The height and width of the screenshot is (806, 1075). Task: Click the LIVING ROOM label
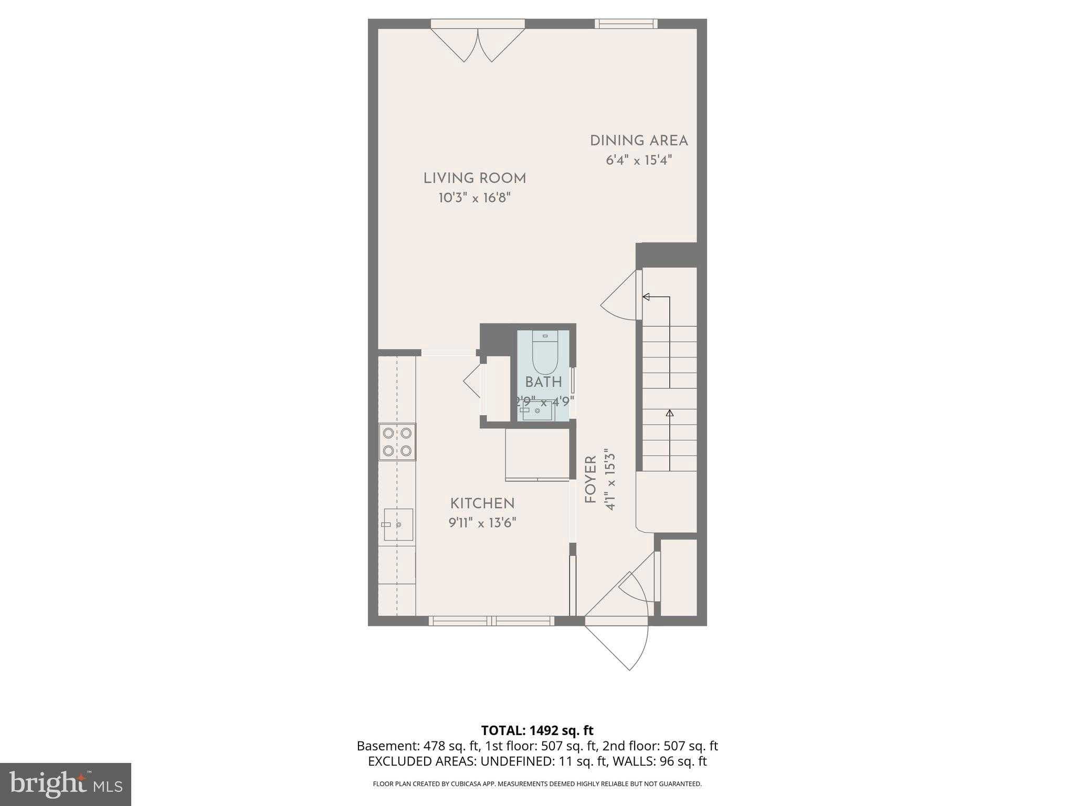[475, 178]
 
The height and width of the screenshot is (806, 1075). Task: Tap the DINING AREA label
[639, 141]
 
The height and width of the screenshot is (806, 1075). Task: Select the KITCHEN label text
[482, 503]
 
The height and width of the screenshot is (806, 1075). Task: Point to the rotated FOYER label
[591, 480]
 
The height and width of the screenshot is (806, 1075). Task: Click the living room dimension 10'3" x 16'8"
[475, 198]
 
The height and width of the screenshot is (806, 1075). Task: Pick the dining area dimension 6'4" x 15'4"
[639, 160]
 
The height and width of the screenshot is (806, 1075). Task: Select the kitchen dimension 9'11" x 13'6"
[482, 523]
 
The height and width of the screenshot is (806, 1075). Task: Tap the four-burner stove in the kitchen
[397, 442]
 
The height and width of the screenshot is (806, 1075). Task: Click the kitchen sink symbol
[398, 524]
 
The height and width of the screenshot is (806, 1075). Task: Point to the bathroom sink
[536, 411]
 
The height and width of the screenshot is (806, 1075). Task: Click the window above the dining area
[626, 24]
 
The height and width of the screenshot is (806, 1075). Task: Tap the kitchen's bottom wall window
[491, 621]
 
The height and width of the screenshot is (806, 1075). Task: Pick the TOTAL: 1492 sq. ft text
[537, 730]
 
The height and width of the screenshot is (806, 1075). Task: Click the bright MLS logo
[65, 784]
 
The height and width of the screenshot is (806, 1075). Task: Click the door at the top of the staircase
[622, 296]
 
